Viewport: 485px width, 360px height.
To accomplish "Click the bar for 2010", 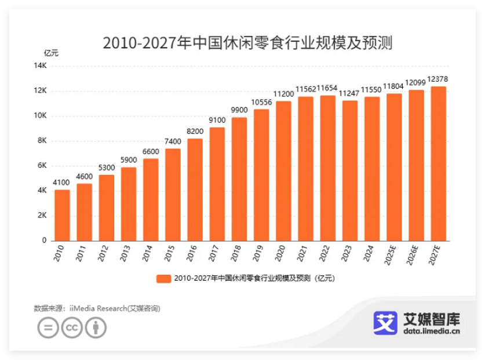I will (62, 215).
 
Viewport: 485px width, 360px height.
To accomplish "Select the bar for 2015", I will (173, 195).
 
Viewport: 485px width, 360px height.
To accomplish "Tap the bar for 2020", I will (283, 171).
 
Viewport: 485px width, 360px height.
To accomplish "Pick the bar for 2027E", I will (438, 163).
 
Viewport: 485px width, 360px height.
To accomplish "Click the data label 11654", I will (328, 88).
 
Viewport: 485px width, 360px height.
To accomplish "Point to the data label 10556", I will (261, 102).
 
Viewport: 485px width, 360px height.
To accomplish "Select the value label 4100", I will (62, 183).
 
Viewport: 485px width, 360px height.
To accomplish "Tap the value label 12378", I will (438, 79).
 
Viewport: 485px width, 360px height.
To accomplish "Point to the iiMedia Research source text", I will (96, 308).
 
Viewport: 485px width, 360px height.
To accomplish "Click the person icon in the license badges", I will (96, 328).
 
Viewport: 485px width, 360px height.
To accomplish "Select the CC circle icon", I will (72, 328).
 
